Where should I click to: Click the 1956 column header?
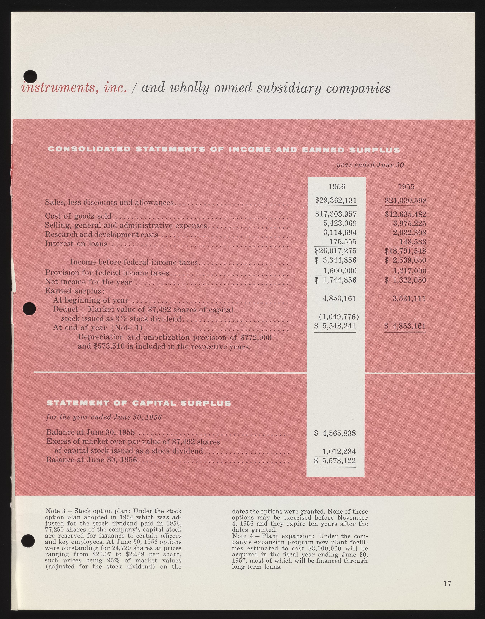point(337,187)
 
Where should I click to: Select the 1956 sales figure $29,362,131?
point(336,201)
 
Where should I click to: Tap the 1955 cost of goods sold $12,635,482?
point(405,214)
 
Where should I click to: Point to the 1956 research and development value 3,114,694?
point(340,232)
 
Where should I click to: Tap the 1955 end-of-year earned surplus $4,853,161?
point(405,326)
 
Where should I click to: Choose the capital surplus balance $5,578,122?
point(335,460)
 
